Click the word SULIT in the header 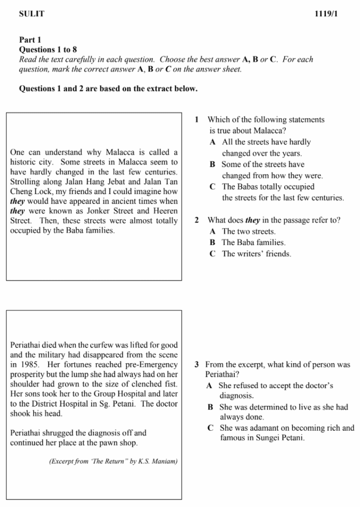click(x=31, y=14)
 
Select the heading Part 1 click(x=30, y=40)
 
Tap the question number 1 click(x=197, y=119)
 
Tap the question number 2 click(x=197, y=220)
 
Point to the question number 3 click(x=197, y=364)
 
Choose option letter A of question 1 click(x=212, y=142)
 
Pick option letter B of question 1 click(x=212, y=164)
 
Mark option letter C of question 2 click(x=212, y=254)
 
